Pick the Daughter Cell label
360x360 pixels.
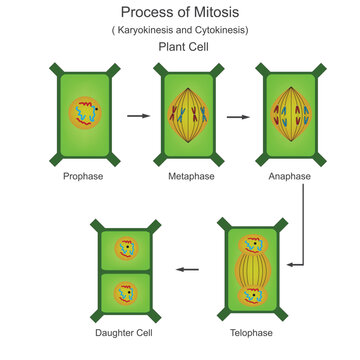point(124,331)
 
